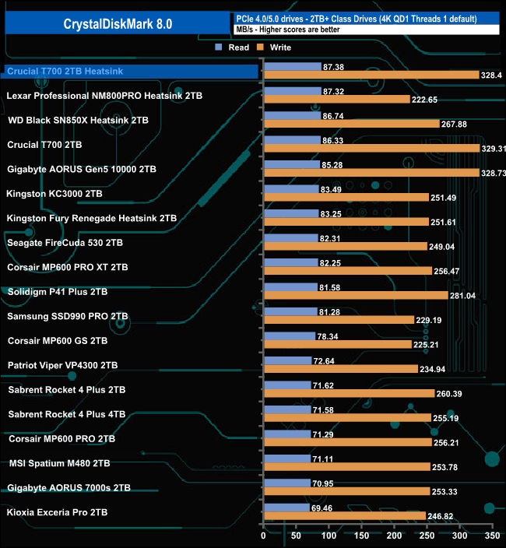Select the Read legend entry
(x=234, y=47)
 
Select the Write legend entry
(x=274, y=47)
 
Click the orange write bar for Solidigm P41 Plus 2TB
(x=356, y=295)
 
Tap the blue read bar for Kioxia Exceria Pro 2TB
(x=286, y=508)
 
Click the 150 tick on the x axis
(x=361, y=536)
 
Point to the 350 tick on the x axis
(x=491, y=536)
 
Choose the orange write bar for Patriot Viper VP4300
(x=340, y=369)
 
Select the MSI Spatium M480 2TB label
(x=58, y=463)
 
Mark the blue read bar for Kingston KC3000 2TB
(x=291, y=188)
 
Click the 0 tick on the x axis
(x=264, y=536)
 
